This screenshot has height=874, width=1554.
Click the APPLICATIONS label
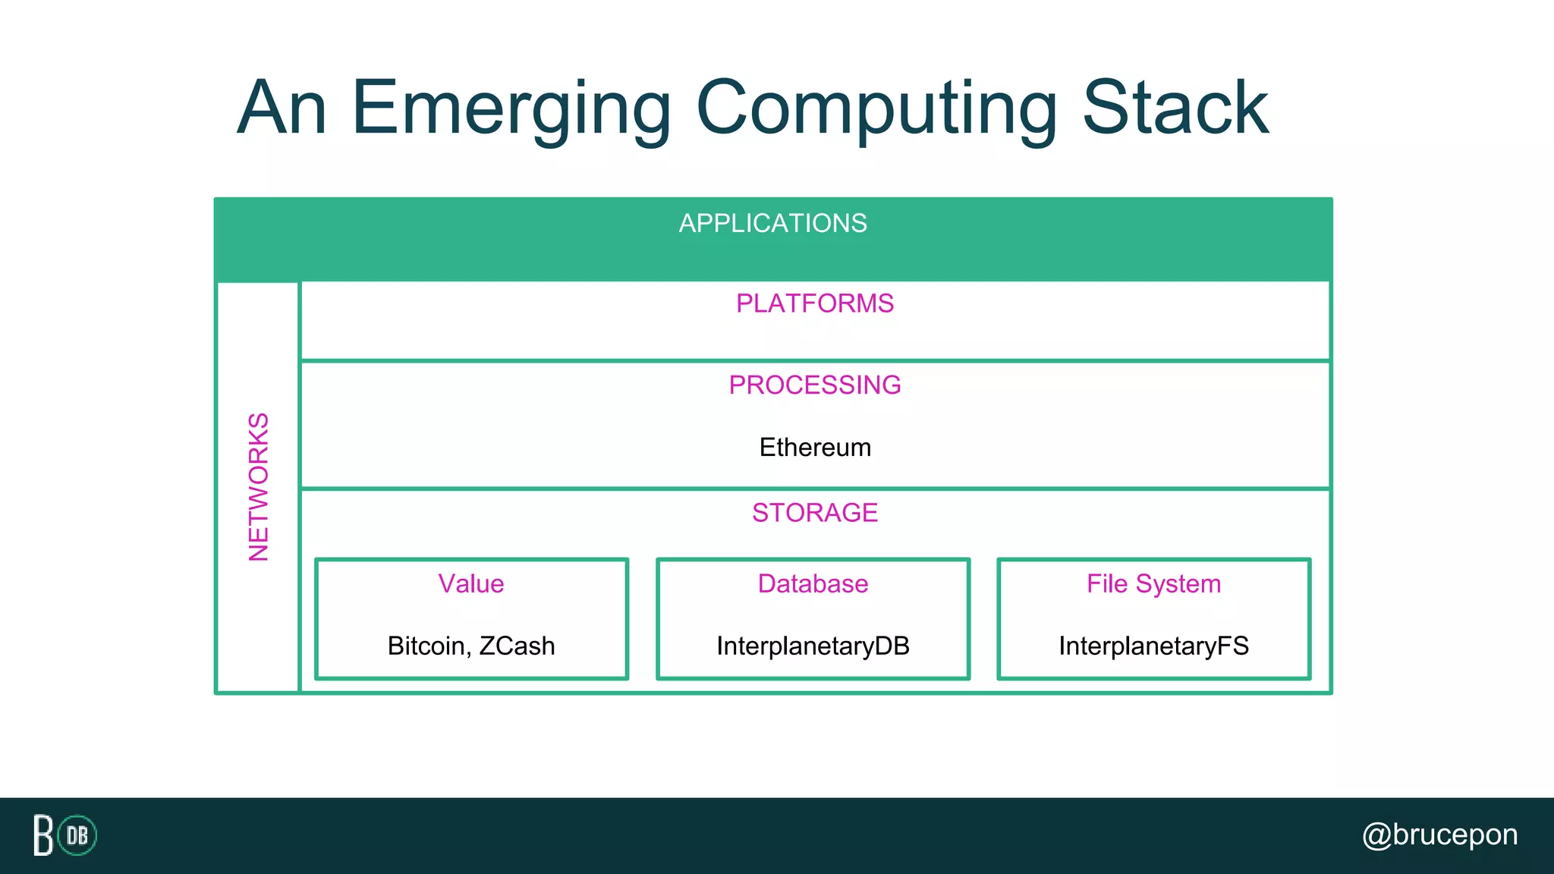click(772, 224)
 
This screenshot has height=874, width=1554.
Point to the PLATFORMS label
click(814, 303)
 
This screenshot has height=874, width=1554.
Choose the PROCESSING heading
click(814, 385)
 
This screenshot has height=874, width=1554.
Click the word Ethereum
click(814, 448)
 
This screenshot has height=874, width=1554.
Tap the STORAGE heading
click(814, 513)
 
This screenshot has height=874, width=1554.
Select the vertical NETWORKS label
click(259, 487)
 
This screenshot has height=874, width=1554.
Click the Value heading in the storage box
click(470, 584)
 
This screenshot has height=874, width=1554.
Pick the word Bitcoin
click(427, 646)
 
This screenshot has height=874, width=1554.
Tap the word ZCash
click(517, 646)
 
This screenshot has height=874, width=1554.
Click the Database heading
click(813, 584)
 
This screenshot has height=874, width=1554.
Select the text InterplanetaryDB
click(813, 646)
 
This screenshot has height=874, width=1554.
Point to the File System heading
click(1153, 584)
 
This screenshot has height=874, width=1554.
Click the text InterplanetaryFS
click(1153, 646)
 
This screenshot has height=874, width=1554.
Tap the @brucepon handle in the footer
click(1439, 835)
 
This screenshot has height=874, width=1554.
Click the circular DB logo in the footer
click(77, 835)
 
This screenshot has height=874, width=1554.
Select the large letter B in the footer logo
click(43, 835)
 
